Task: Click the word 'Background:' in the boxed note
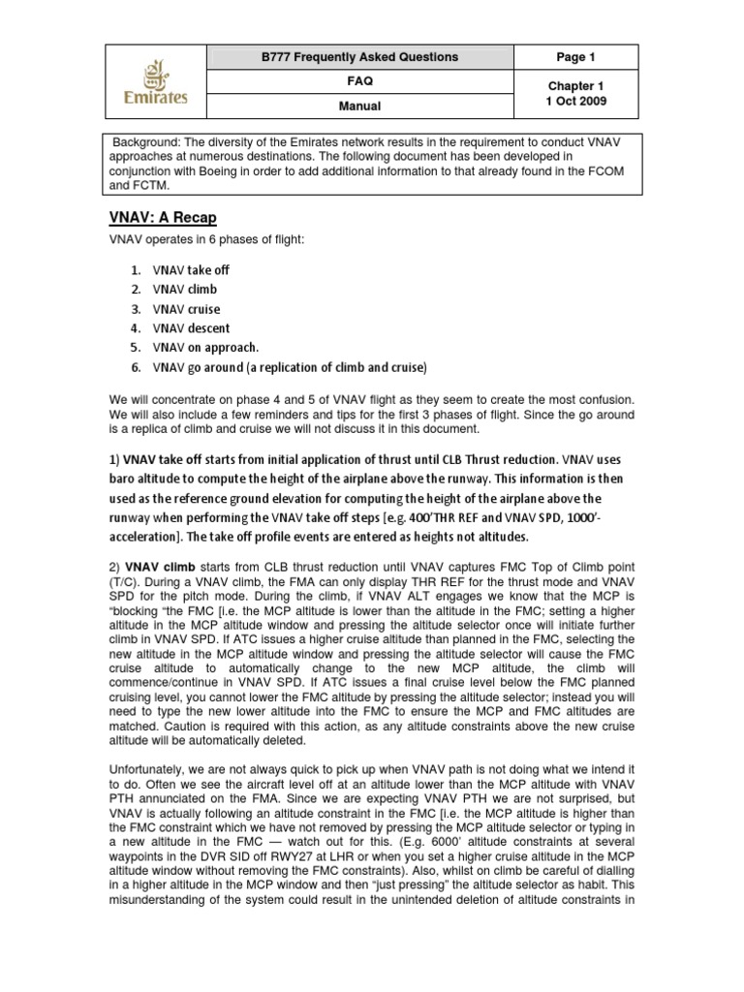tap(145, 141)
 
